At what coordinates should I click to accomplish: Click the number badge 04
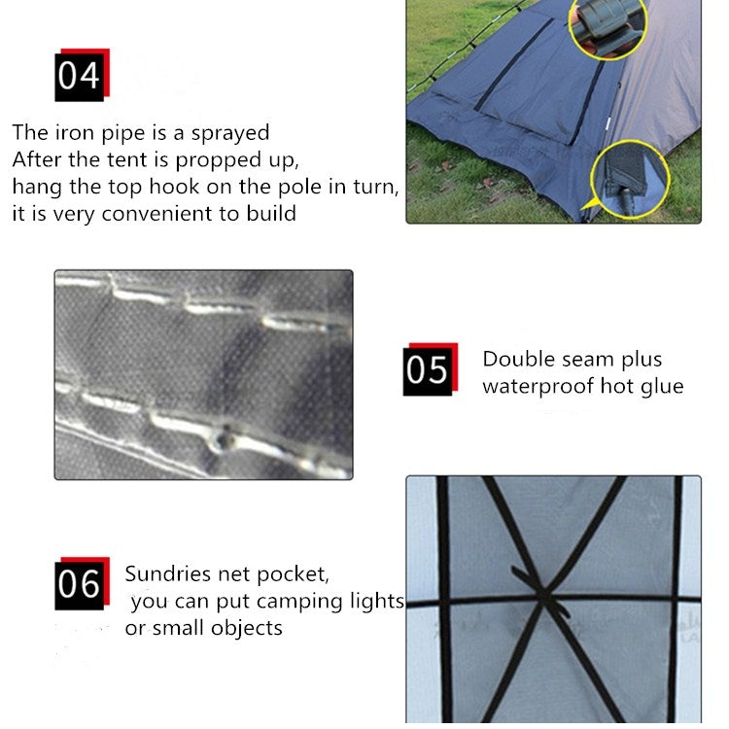pyautogui.click(x=83, y=75)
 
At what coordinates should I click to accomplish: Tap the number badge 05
pyautogui.click(x=430, y=369)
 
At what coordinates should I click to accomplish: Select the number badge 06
pyautogui.click(x=83, y=583)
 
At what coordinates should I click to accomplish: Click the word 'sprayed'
pyautogui.click(x=230, y=134)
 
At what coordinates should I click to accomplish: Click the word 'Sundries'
pyautogui.click(x=168, y=573)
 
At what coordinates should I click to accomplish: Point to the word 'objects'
pyautogui.click(x=247, y=629)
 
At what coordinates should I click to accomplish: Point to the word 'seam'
pyautogui.click(x=588, y=361)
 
